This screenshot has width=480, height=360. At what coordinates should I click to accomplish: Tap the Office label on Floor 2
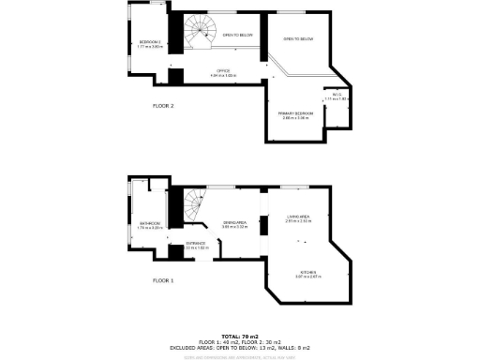[223, 70]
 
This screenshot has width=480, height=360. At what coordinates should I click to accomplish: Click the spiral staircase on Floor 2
[199, 38]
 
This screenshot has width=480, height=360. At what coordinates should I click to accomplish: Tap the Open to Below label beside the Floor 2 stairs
[237, 35]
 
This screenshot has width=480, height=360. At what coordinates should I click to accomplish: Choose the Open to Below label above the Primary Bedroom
[298, 39]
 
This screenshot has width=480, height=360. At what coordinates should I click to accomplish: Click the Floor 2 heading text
[163, 106]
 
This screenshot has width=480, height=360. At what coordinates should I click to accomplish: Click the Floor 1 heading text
[163, 280]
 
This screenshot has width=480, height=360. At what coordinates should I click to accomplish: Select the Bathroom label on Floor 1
[150, 223]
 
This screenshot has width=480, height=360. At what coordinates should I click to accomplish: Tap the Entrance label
[196, 244]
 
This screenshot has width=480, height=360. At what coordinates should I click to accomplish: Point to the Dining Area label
[234, 223]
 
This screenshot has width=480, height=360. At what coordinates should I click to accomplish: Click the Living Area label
[299, 217]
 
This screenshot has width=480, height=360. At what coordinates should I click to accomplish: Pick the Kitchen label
[308, 273]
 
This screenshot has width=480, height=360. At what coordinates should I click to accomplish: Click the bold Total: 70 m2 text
[240, 336]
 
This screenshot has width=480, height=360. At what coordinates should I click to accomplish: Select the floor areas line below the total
[240, 341]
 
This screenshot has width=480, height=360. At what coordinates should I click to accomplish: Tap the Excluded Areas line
[240, 347]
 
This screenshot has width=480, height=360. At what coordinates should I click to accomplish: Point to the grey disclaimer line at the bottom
[240, 354]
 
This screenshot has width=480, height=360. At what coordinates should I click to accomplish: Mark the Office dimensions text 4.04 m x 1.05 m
[223, 75]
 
